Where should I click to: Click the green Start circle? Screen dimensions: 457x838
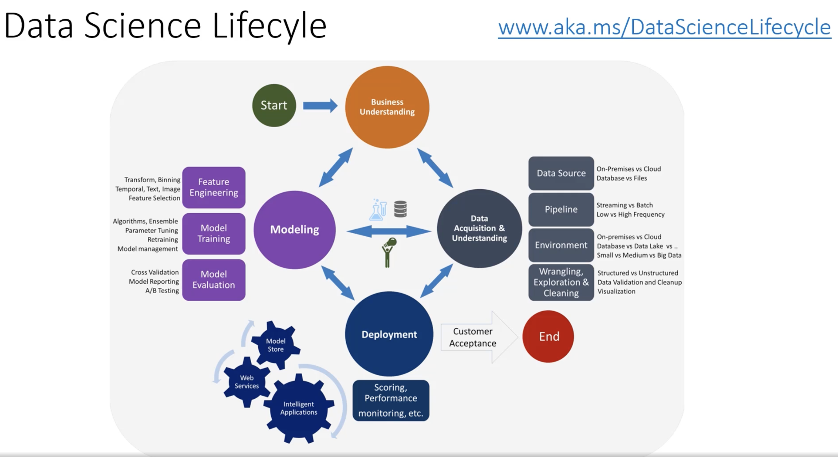click(x=274, y=105)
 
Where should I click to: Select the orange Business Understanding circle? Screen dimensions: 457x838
click(x=387, y=107)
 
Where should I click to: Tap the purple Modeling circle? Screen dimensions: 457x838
click(x=294, y=230)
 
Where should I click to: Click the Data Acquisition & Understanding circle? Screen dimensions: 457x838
click(x=479, y=228)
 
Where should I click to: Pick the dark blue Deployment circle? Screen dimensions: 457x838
click(x=389, y=334)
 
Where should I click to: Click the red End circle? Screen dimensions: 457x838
click(x=548, y=336)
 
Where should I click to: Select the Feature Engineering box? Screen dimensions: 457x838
click(x=214, y=187)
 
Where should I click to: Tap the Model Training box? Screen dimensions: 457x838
click(x=214, y=234)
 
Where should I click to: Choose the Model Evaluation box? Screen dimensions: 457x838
click(x=214, y=280)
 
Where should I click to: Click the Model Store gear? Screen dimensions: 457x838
click(x=276, y=345)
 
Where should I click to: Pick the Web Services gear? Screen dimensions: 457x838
click(x=247, y=382)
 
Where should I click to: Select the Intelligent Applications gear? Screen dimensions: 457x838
click(x=299, y=408)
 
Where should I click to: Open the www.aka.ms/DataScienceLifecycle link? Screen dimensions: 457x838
click(x=664, y=27)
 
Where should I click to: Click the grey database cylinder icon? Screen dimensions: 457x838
click(x=400, y=209)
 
